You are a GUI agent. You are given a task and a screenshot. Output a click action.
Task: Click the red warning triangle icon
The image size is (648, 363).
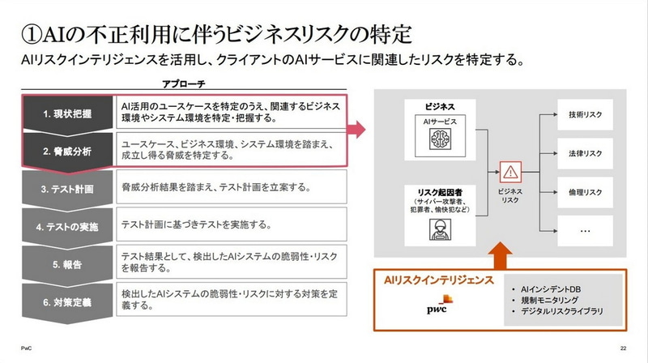(510, 172)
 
